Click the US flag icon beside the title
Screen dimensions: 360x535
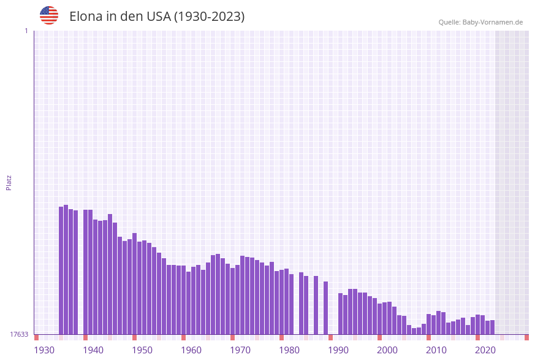[x=49, y=15]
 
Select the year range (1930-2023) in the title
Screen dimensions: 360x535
[x=209, y=17]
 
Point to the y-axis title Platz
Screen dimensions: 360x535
[x=9, y=182]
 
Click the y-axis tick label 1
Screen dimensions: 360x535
[x=26, y=31]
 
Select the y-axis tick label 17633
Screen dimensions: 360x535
[x=18, y=334]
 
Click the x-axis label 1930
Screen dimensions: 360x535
[x=44, y=350]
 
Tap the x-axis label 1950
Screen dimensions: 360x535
[x=142, y=350]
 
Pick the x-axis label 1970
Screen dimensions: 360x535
[x=240, y=350]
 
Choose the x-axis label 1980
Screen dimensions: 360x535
[x=289, y=350]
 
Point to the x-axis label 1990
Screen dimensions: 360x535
[x=338, y=350]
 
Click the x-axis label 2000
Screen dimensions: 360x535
[x=387, y=350]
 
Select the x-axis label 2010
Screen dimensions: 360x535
[x=436, y=350]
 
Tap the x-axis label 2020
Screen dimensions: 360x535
[x=485, y=350]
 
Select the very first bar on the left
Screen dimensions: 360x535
[x=61, y=270]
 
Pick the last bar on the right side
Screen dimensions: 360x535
[x=493, y=327]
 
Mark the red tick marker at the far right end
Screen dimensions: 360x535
[x=526, y=337]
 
